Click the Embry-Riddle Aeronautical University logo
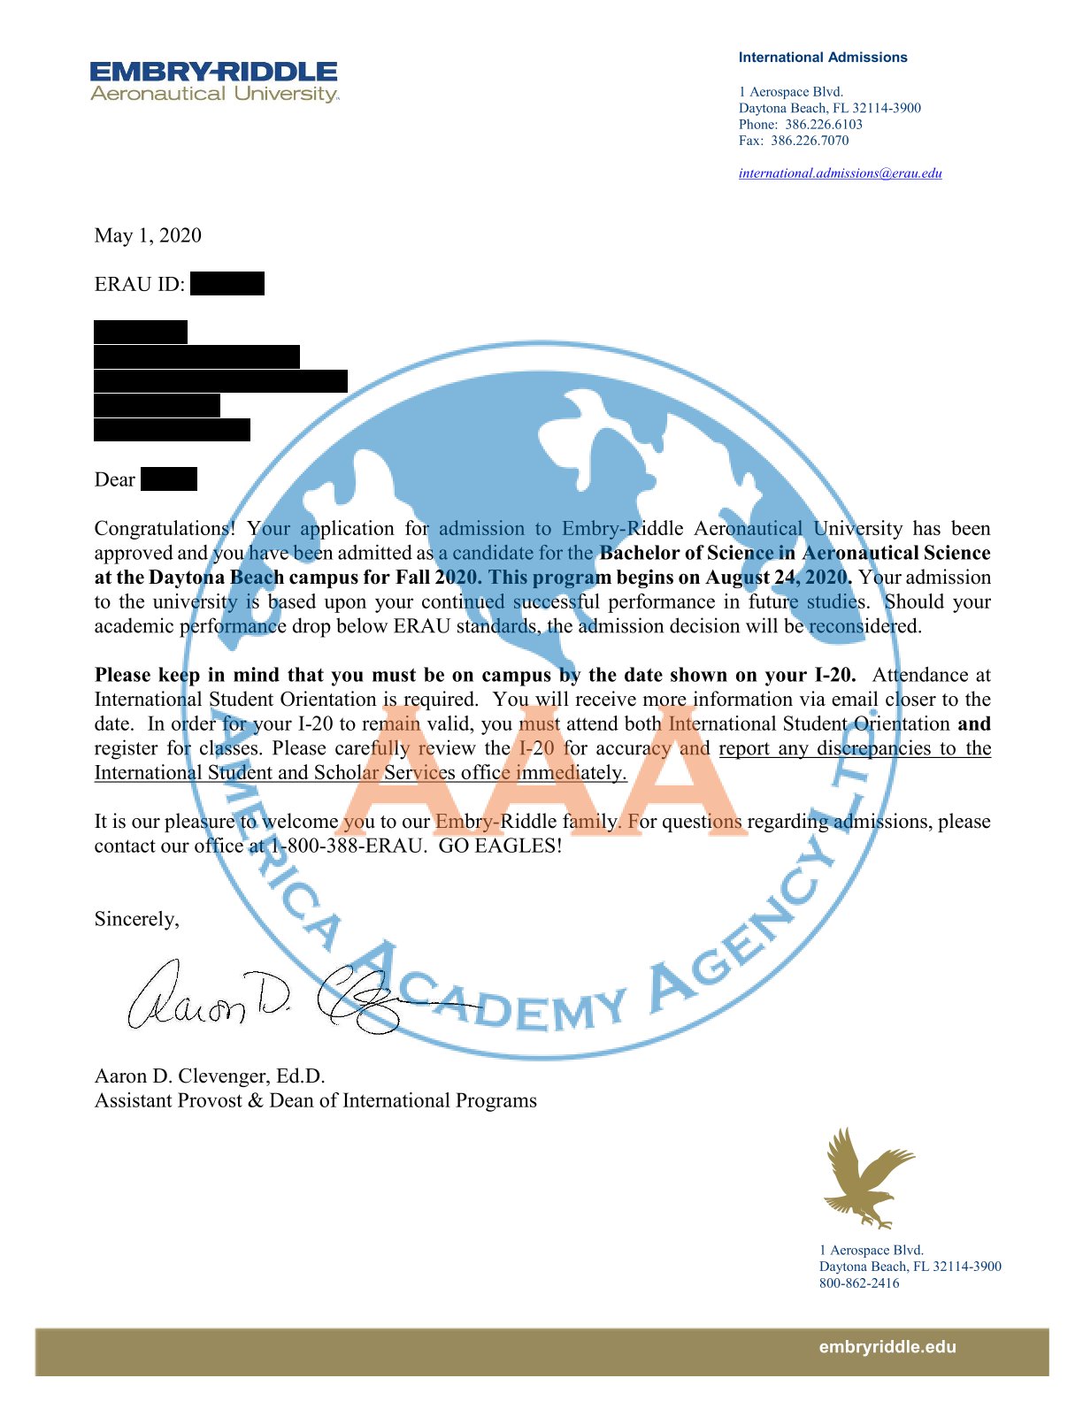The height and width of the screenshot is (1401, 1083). (x=214, y=81)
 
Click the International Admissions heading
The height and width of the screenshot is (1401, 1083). (x=823, y=57)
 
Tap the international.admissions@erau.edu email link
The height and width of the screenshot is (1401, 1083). (x=840, y=173)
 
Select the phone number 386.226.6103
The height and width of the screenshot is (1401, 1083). (x=823, y=125)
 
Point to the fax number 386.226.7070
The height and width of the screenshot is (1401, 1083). (x=809, y=141)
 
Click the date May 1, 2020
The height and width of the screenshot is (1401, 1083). (x=148, y=235)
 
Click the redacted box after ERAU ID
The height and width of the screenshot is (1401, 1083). (x=227, y=284)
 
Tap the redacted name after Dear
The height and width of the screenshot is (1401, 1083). (x=169, y=479)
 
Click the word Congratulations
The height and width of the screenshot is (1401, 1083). (x=165, y=529)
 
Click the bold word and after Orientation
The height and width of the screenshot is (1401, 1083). (x=974, y=723)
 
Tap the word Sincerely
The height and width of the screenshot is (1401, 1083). (x=137, y=919)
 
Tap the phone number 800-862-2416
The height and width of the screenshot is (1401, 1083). (x=859, y=1283)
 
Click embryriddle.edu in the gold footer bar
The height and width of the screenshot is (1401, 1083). (x=887, y=1347)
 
